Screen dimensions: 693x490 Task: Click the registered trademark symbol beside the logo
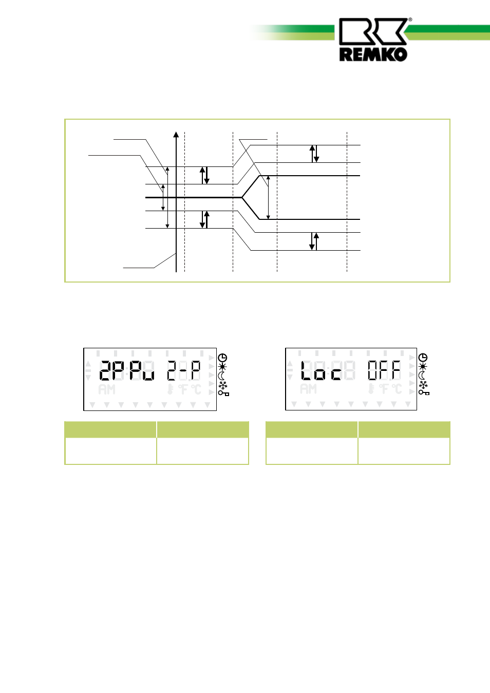click(410, 20)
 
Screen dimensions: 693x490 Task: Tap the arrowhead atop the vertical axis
click(176, 135)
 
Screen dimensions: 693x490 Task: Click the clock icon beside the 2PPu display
click(222, 358)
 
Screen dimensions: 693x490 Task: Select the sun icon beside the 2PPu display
click(222, 367)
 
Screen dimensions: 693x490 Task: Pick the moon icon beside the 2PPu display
click(222, 376)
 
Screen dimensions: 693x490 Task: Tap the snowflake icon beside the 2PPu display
click(223, 385)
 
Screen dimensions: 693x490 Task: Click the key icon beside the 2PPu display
click(223, 393)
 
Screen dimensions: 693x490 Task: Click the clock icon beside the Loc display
click(423, 358)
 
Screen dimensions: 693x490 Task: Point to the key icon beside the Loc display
click(424, 392)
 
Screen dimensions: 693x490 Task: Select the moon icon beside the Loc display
click(422, 376)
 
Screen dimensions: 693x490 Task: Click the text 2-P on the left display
click(184, 370)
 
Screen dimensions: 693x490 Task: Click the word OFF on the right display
click(384, 370)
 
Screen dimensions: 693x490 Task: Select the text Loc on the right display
click(321, 370)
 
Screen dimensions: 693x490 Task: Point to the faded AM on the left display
click(107, 389)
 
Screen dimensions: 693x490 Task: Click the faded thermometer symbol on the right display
click(371, 389)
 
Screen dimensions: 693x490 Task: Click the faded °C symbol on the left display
click(196, 389)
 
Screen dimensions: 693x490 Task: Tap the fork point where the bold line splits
click(242, 197)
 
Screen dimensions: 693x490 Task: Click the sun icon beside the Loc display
click(423, 366)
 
